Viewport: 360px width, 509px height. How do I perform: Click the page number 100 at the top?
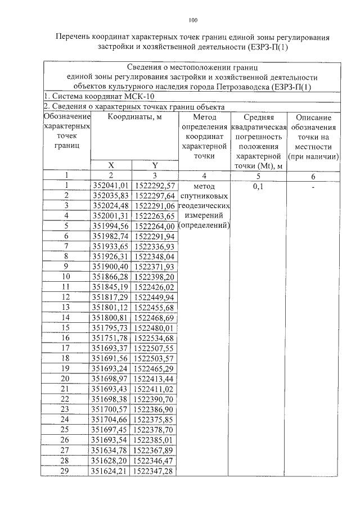[x=192, y=21]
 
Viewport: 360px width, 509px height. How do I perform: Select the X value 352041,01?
[x=111, y=185]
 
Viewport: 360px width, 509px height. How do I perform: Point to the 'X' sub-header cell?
[x=111, y=165]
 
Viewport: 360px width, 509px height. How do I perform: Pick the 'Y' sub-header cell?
[x=155, y=165]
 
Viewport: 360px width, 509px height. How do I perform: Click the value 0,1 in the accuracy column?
[x=259, y=186]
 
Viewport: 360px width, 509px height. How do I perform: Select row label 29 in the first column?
[x=66, y=471]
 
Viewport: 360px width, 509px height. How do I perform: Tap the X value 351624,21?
[x=111, y=471]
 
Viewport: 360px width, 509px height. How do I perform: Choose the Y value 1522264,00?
[x=155, y=226]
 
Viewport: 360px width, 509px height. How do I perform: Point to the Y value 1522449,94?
[x=155, y=296]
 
